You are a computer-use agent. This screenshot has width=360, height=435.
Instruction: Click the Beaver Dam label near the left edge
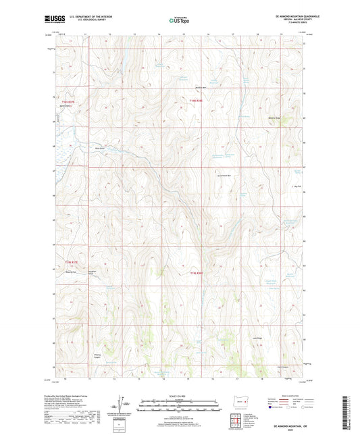[x=59, y=116]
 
